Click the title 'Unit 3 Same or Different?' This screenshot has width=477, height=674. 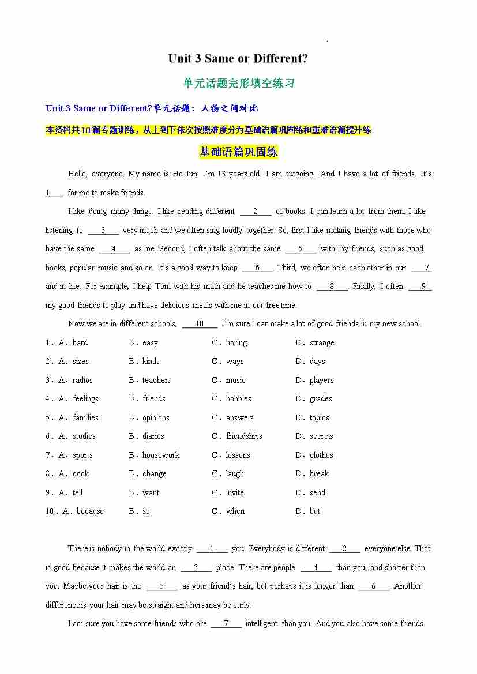(238, 58)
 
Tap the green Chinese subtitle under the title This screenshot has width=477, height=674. (238, 83)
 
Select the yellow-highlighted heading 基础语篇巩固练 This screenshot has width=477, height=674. (238, 152)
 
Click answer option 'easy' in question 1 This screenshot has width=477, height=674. (150, 342)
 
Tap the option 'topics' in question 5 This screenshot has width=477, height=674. (319, 417)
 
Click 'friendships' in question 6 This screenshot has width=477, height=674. (244, 436)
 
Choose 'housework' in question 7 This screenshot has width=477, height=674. (161, 455)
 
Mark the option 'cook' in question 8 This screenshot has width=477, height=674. (81, 473)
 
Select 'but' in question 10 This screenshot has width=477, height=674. (315, 511)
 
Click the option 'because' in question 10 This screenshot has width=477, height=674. (90, 511)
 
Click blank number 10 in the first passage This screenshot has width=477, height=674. (200, 323)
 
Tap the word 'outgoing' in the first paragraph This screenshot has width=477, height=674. (299, 174)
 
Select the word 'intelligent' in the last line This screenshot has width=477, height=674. (261, 623)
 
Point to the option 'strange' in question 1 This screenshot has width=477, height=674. (322, 342)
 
